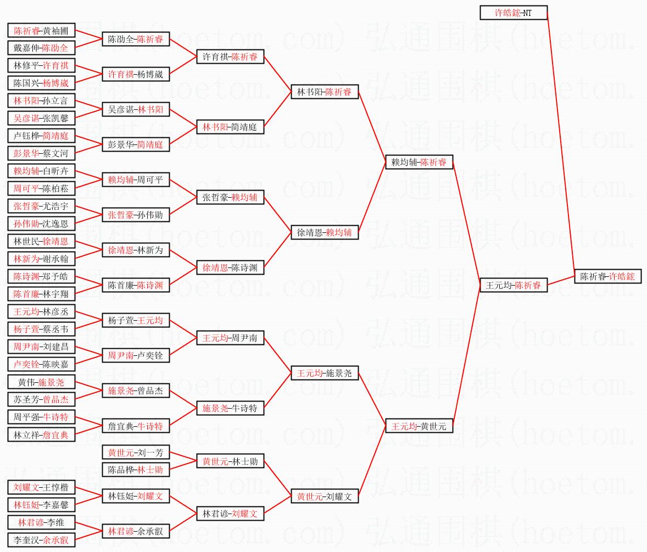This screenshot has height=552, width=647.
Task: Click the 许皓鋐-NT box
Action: (x=514, y=13)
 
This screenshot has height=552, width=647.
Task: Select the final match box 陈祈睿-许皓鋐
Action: (x=607, y=276)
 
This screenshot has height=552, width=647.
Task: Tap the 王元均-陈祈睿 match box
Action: (x=514, y=285)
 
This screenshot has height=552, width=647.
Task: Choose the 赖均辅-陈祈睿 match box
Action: (x=420, y=162)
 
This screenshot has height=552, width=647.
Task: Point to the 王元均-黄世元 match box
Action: (x=420, y=426)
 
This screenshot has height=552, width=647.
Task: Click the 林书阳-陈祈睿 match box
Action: (x=325, y=92)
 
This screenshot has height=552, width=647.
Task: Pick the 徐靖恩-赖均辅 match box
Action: (x=325, y=232)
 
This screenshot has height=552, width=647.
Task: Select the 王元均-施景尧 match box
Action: (x=325, y=373)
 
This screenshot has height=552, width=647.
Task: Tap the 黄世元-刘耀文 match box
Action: (x=325, y=497)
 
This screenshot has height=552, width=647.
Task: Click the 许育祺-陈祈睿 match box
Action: (x=230, y=57)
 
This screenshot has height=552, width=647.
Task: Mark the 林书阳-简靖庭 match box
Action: (x=230, y=127)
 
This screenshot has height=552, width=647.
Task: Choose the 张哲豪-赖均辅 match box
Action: (x=230, y=198)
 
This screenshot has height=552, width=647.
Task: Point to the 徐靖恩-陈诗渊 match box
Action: (x=230, y=268)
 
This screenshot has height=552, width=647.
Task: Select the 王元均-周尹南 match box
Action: (x=230, y=338)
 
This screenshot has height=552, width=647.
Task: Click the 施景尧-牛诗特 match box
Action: (x=230, y=408)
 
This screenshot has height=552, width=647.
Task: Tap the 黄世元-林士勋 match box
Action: (x=230, y=461)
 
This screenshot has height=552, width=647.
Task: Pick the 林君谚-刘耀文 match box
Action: (x=230, y=514)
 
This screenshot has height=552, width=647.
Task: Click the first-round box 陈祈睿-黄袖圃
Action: (x=41, y=31)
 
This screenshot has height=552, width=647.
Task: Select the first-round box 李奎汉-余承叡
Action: (x=41, y=540)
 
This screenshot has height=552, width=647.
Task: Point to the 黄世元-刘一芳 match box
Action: (x=136, y=453)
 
